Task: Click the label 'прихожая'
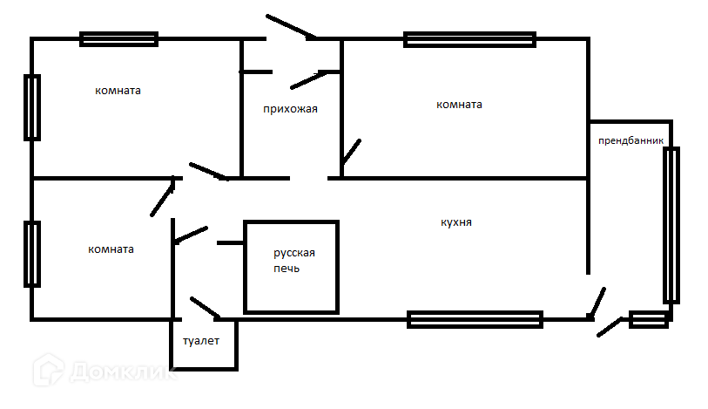point(290,110)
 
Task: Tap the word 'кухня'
point(456,223)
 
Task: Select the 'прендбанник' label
point(630,140)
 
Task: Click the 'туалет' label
point(201,341)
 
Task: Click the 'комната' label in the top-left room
point(118,91)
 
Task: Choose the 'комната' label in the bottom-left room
point(111,249)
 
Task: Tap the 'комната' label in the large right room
point(459,105)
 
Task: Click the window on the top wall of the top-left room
point(118,38)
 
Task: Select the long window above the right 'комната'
point(469,39)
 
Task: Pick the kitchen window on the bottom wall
point(475,319)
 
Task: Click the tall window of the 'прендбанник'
point(671,225)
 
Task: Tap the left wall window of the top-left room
point(32,107)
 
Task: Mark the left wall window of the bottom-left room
point(32,254)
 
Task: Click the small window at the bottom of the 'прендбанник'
point(649,320)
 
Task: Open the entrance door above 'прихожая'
point(291,26)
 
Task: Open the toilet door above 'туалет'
point(204,308)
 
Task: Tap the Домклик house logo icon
point(49,372)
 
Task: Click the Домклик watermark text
point(122,374)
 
